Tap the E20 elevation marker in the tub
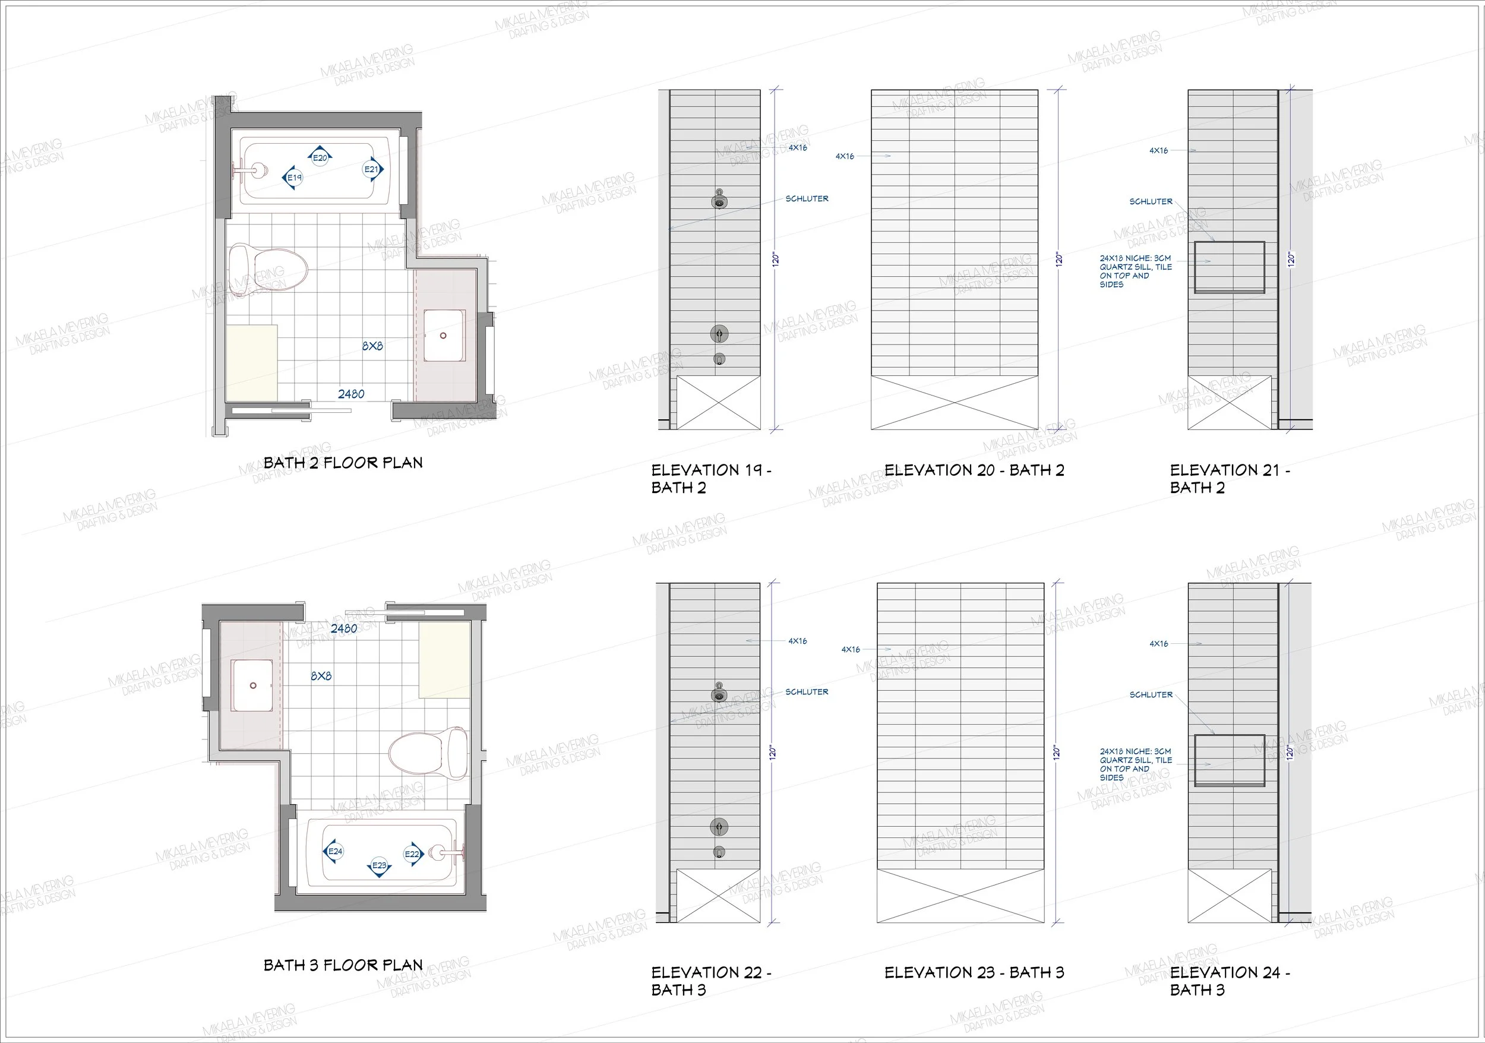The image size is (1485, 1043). [321, 157]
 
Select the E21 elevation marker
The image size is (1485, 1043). [372, 169]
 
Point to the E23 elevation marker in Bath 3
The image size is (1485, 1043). [379, 866]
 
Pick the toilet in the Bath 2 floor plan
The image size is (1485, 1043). [268, 269]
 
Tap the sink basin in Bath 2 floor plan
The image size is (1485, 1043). [444, 336]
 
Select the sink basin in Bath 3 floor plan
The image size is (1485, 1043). [252, 685]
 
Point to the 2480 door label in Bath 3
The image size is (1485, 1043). [344, 628]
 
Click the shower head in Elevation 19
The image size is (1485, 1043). [719, 199]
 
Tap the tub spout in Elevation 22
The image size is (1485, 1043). [719, 852]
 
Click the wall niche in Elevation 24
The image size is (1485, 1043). [1229, 760]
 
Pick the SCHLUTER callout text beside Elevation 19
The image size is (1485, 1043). [807, 198]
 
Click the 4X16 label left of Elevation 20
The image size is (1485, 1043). [845, 156]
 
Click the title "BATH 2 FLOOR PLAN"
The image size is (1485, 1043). [343, 463]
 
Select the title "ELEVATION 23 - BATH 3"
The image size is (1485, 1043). [974, 972]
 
